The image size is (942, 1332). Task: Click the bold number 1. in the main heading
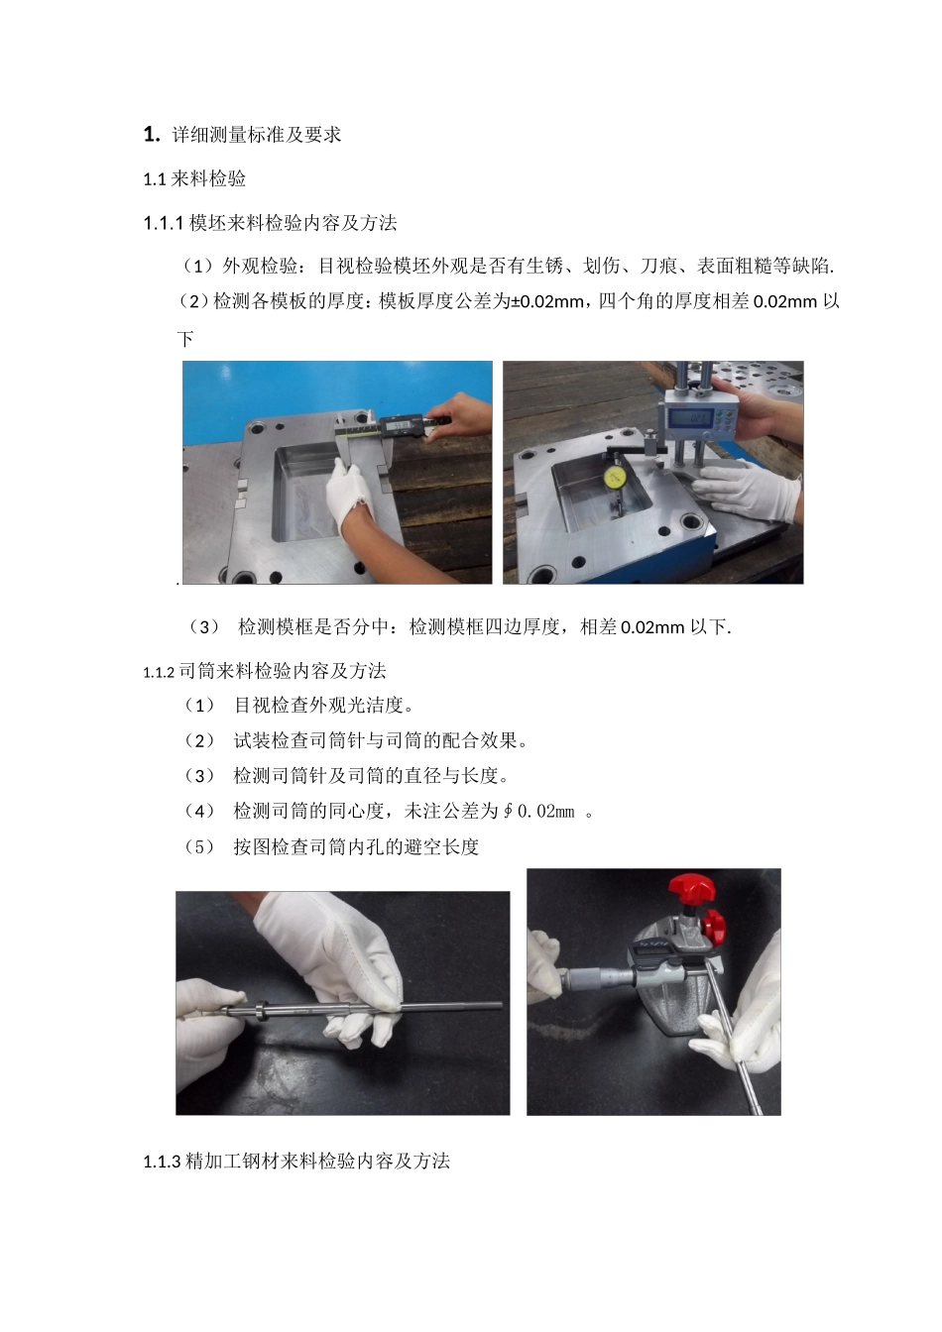tap(152, 134)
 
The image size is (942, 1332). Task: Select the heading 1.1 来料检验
tap(194, 179)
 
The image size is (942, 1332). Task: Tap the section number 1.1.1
tap(164, 223)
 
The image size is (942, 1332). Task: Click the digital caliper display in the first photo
tap(400, 427)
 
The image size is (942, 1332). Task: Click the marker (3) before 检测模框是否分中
tap(204, 626)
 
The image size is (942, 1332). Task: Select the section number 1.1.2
tap(159, 672)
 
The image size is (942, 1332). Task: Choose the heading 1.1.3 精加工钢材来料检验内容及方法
tap(296, 1161)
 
